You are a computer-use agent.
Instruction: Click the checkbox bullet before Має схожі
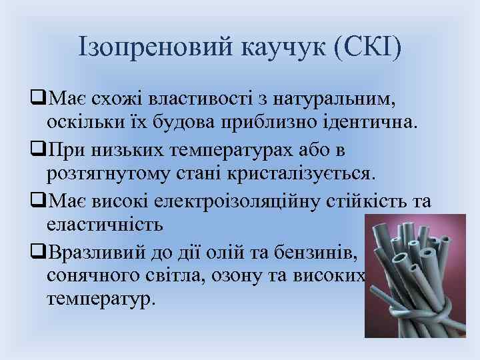[x=37, y=100]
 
